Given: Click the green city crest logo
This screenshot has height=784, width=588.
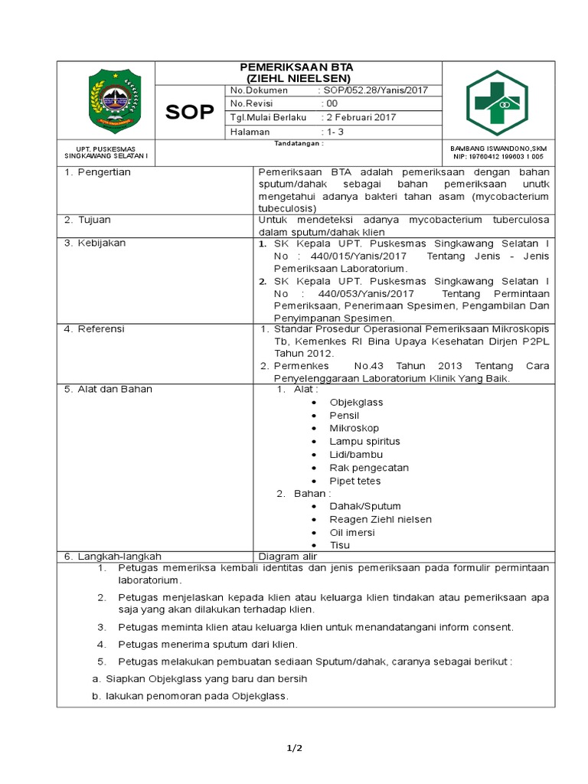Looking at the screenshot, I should coord(114,98).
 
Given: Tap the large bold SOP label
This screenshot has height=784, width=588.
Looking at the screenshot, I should coord(190,112).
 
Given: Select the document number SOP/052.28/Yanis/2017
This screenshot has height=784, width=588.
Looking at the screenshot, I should coord(375,90).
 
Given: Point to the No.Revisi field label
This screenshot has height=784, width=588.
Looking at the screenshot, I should coord(252,104).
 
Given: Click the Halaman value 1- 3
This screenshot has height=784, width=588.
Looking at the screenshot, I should coord(335,132).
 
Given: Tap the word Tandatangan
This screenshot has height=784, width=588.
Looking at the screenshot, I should coord(298,143).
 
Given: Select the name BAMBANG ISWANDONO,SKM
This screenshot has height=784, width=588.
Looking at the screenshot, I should coord(498,148).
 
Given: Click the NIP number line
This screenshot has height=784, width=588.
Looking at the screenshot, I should coord(498,156).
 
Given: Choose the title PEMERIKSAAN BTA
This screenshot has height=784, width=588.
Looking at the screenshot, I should coord(298,67).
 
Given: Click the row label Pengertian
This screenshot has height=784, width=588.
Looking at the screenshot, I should coord(104,172).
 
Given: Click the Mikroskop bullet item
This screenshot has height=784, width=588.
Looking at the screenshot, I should coord(354,428).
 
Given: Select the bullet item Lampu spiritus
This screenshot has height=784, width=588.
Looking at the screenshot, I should coord(364,441).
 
